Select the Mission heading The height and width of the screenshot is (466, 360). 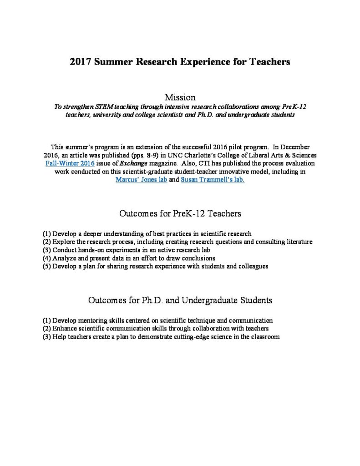pos(180,97)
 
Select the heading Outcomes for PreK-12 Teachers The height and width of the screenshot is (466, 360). pos(180,213)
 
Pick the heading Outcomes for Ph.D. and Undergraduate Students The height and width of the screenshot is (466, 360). pos(180,300)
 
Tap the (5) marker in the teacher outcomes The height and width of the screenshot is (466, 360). pos(46,266)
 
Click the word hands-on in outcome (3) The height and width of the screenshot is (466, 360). pos(91,250)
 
